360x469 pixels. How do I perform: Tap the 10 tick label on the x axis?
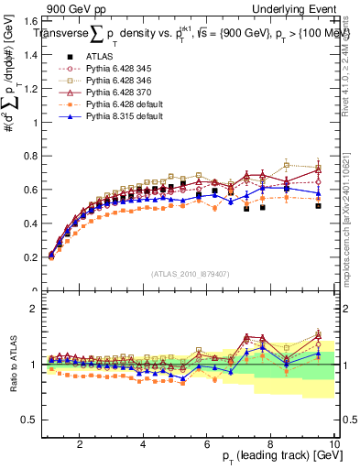(x=334, y=444)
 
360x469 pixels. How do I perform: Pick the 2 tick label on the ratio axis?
(x=34, y=309)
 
